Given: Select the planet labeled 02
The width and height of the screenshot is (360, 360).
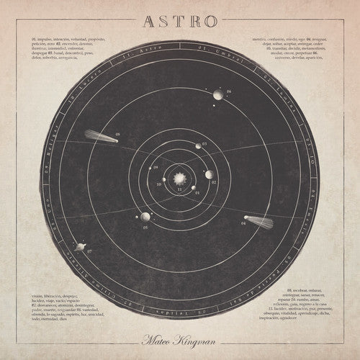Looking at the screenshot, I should coord(208,174).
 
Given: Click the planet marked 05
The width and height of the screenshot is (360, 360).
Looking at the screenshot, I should coord(145,217).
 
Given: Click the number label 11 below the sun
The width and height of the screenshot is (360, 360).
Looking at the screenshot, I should coord(179,192).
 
